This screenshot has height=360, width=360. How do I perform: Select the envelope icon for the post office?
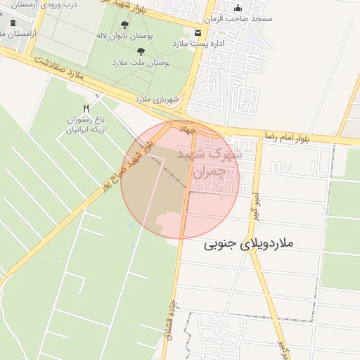point(198,33)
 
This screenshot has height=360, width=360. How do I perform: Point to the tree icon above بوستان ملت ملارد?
point(141,51)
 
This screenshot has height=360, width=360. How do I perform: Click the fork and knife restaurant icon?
point(86,108)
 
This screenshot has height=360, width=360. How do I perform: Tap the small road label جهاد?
point(186,129)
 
